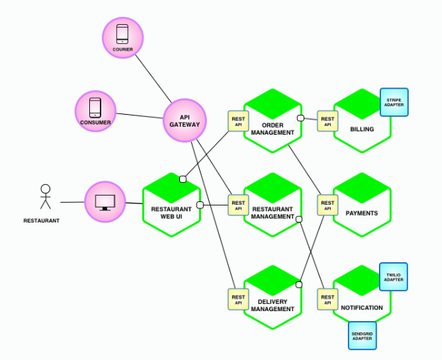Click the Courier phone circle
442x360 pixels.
pos(122,37)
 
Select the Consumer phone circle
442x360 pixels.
pos(96,111)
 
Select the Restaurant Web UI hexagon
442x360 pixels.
pos(171,205)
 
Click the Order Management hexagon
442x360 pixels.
pos(272,122)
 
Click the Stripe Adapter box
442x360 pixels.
pos(394,102)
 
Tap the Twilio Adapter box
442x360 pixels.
pos(395,276)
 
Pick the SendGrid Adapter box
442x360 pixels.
pos(362,335)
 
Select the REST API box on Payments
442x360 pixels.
pos(327,206)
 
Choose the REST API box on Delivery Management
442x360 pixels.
pos(238,299)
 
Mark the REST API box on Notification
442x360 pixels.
pos(327,299)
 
